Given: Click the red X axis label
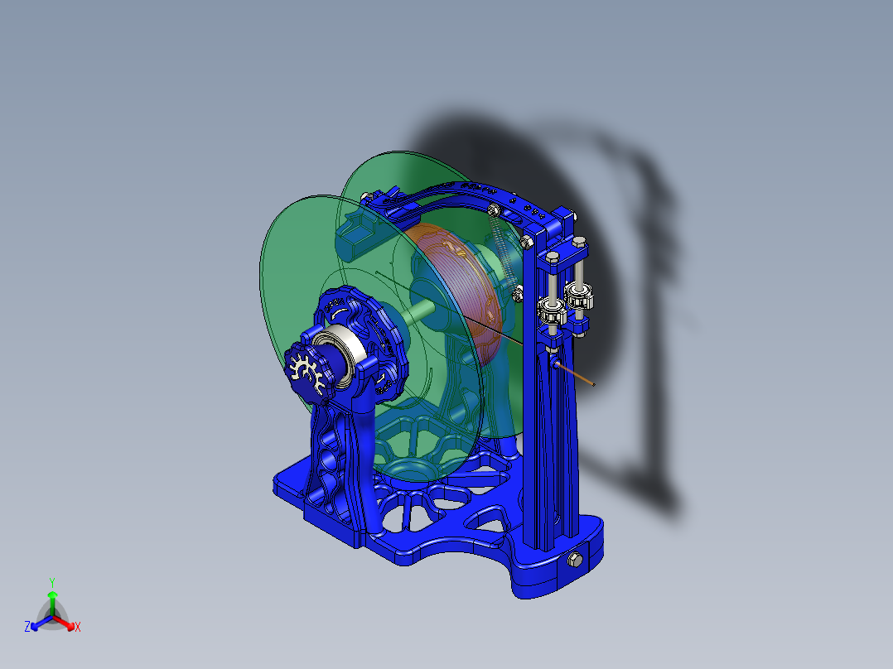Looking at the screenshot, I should click(x=78, y=628).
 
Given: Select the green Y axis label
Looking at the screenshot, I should click(x=51, y=582).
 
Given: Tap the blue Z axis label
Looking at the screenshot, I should click(x=27, y=628).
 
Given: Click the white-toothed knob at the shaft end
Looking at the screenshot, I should click(x=304, y=370).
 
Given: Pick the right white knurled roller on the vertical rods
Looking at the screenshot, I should click(x=581, y=294).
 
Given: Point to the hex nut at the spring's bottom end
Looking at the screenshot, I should click(x=519, y=292).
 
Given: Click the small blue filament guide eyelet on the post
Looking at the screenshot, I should click(x=553, y=362).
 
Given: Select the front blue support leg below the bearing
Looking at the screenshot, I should click(x=340, y=464).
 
